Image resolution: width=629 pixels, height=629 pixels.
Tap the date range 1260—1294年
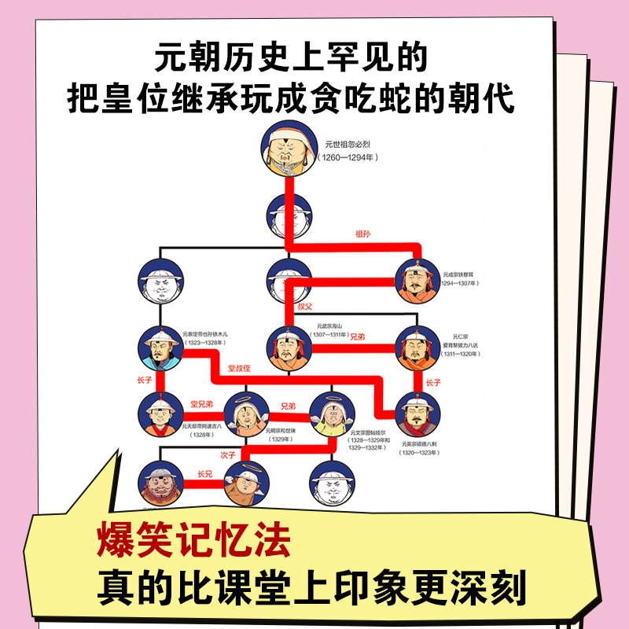point(348,157)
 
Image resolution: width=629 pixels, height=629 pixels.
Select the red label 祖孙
point(362,234)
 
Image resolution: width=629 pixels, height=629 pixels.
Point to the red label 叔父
point(304,305)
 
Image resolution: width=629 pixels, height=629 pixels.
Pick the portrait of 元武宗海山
point(289,348)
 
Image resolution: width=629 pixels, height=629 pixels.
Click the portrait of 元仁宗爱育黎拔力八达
point(416,348)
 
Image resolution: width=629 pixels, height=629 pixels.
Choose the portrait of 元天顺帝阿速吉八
point(160,414)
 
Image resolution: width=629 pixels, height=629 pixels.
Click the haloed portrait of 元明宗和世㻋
point(247,414)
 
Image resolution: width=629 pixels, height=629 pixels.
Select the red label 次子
point(229,454)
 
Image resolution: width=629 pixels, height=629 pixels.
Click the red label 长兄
point(205,474)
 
